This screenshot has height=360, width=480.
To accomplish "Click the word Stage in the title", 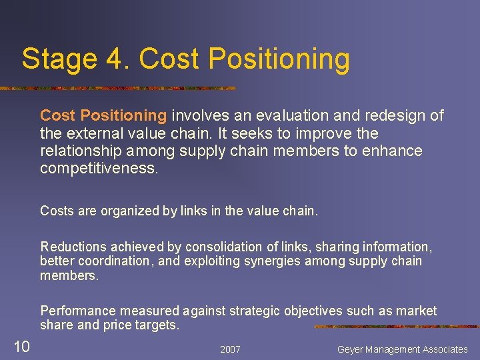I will point(55,59).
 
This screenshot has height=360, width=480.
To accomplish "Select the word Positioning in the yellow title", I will point(279,59).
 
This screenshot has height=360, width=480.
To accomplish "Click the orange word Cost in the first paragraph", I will point(57,115).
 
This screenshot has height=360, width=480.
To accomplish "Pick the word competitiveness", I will point(99,169).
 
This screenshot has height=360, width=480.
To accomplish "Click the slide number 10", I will point(21,345).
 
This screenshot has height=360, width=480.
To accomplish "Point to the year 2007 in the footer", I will point(230,349).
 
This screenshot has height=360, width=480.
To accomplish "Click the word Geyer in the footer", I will point(352,349).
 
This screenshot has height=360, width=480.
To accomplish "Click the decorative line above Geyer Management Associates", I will point(396,327).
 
